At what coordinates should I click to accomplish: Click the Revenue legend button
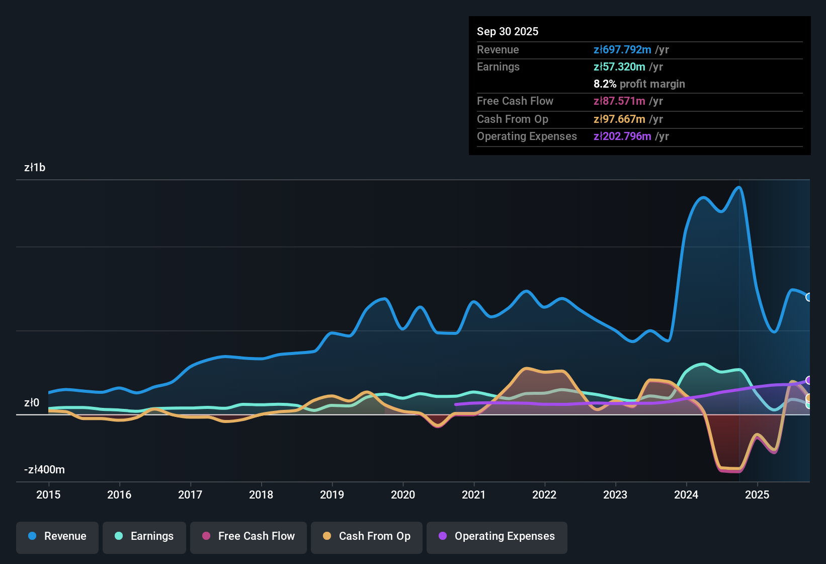(x=57, y=536)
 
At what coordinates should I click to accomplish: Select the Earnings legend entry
(x=144, y=536)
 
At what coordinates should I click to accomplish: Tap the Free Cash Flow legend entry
(x=249, y=536)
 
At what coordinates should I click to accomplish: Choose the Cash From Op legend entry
(x=367, y=536)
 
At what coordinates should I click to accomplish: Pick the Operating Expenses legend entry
(x=497, y=536)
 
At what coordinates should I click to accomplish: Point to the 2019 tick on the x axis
(x=332, y=495)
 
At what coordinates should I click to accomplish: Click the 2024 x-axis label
(x=686, y=495)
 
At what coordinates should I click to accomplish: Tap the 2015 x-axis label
(x=48, y=495)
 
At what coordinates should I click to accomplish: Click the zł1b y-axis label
(x=35, y=168)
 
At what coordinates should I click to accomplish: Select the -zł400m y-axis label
(x=44, y=470)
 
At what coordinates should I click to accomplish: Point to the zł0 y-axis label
(x=32, y=403)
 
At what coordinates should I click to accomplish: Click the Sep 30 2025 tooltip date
(x=508, y=31)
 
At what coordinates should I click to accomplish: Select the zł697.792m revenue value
(x=622, y=49)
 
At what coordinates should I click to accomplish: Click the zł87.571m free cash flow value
(x=619, y=101)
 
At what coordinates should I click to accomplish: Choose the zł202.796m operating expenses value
(x=622, y=136)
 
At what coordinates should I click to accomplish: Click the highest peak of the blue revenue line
(x=739, y=187)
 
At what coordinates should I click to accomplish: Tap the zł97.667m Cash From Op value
(x=619, y=119)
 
